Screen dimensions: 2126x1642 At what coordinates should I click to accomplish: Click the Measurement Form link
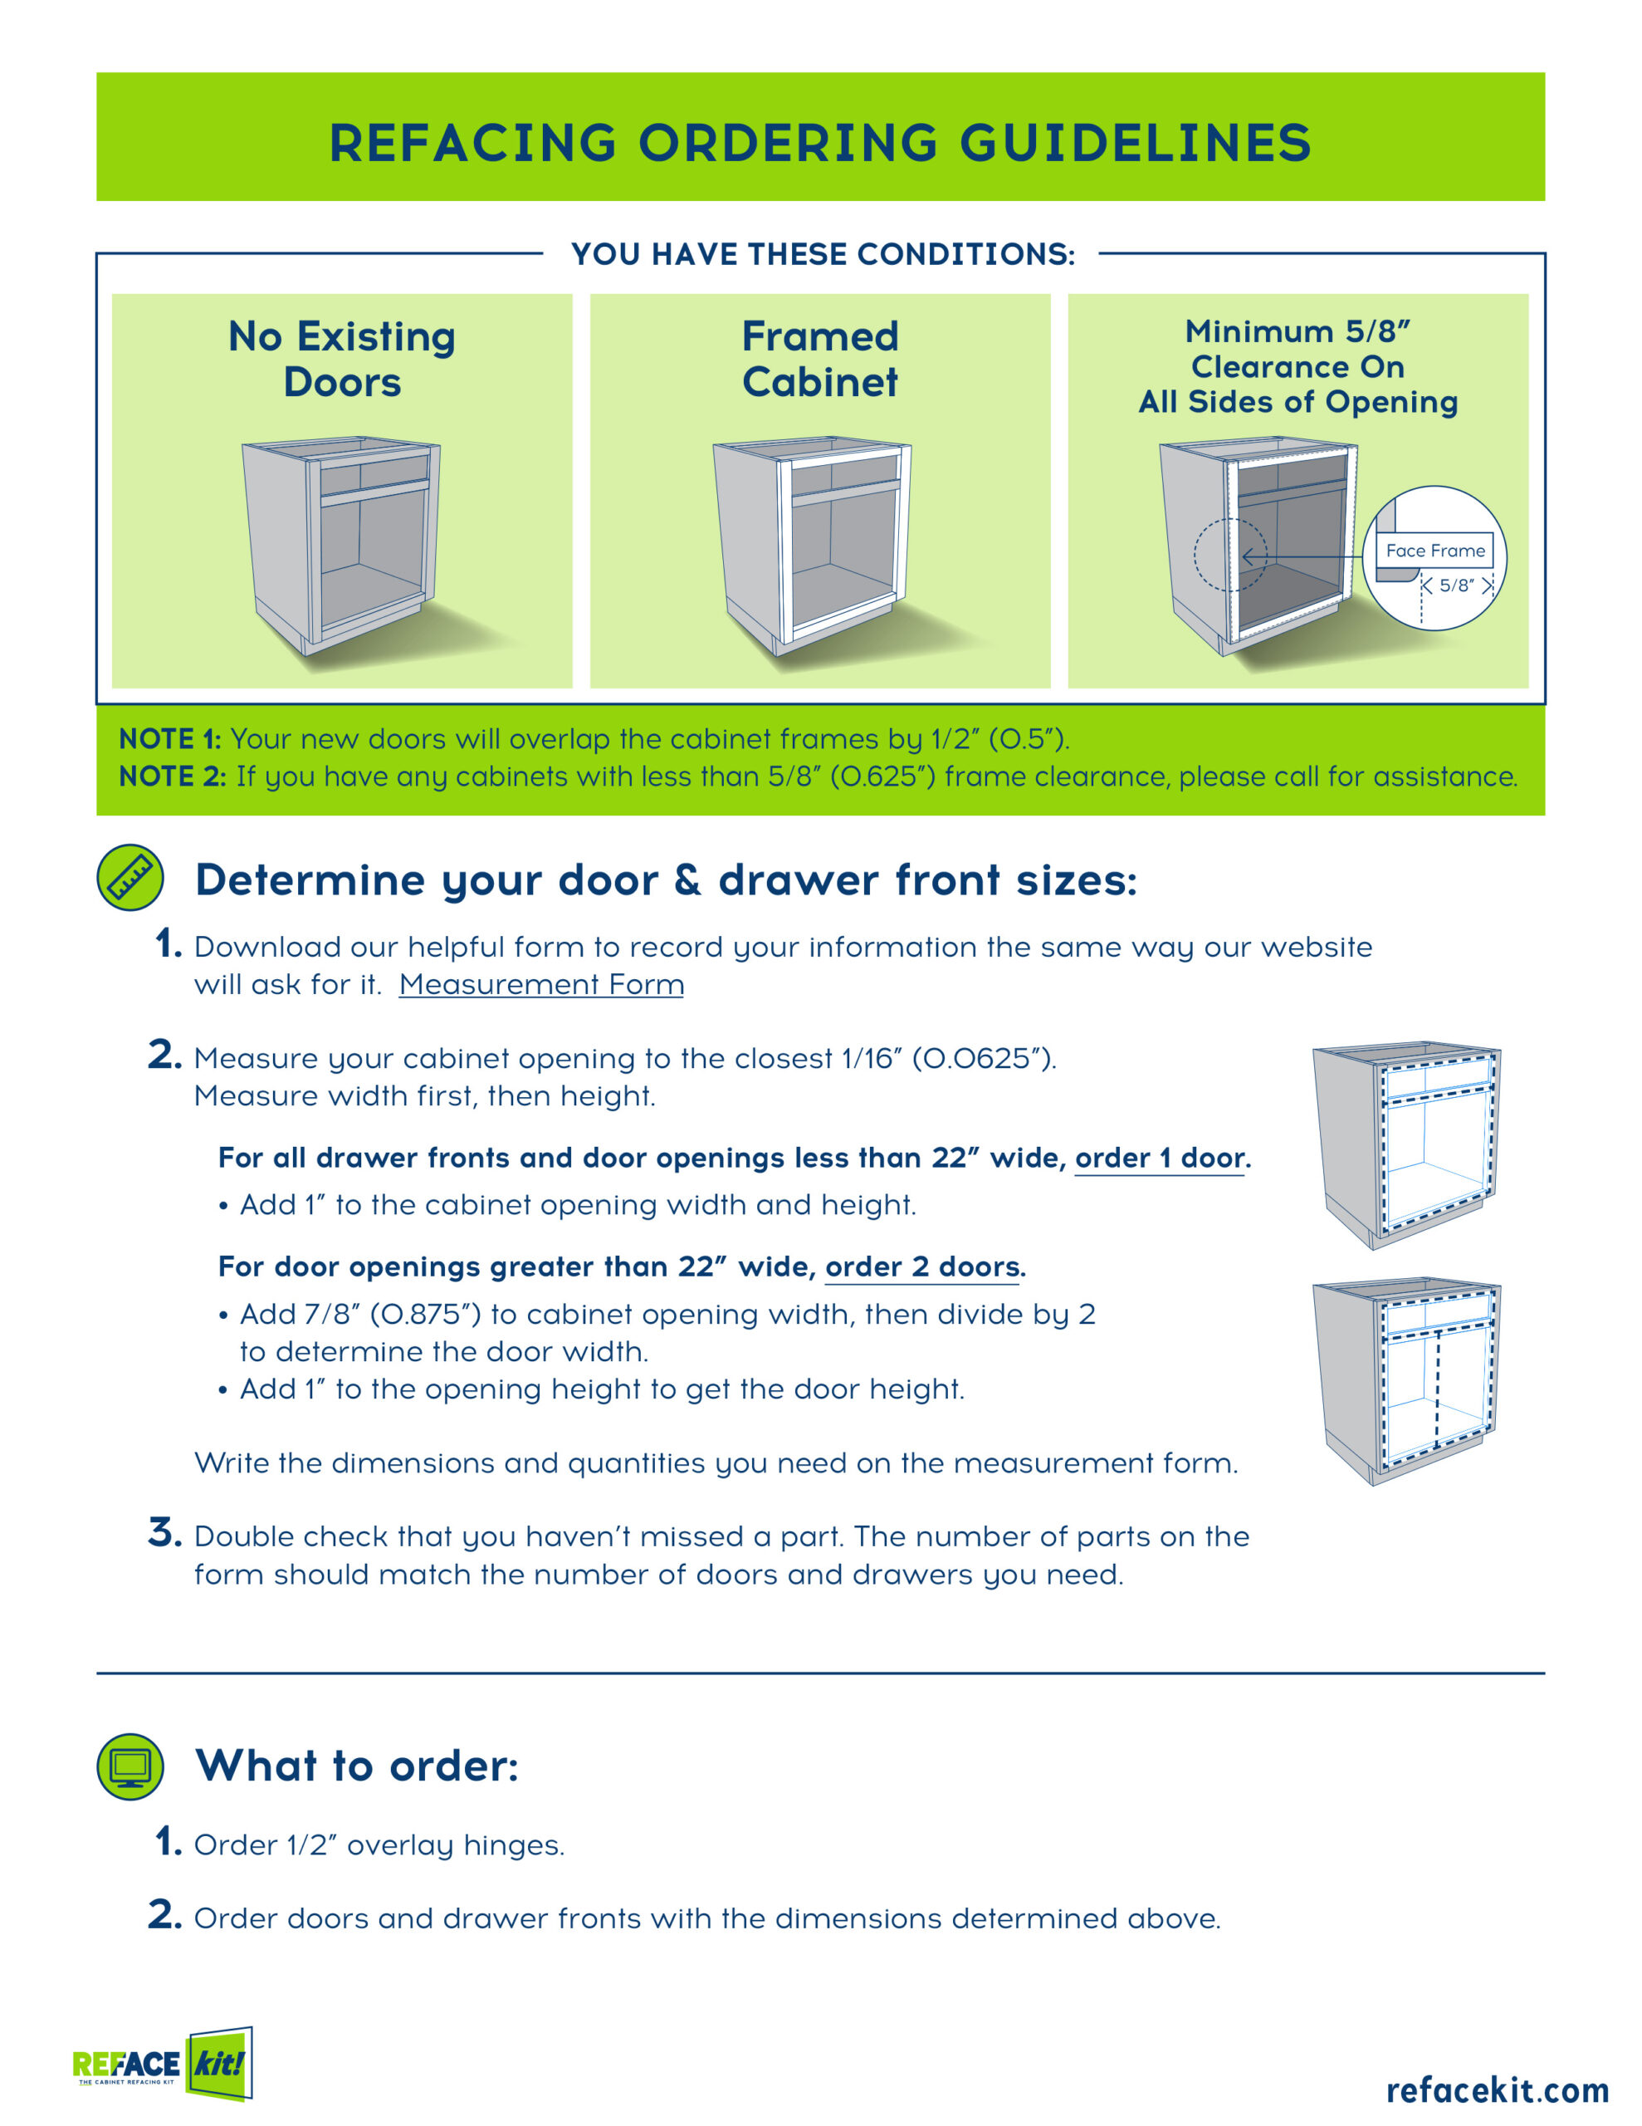pyautogui.click(x=541, y=985)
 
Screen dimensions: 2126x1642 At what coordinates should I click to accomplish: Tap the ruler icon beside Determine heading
pyautogui.click(x=130, y=877)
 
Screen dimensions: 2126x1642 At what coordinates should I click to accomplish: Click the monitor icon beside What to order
pyautogui.click(x=130, y=1766)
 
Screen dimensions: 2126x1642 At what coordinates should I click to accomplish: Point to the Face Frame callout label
pyautogui.click(x=1434, y=551)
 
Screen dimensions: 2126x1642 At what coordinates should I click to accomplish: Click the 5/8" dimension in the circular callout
pyautogui.click(x=1456, y=585)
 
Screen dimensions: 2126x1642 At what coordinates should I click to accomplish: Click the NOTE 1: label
pyautogui.click(x=169, y=739)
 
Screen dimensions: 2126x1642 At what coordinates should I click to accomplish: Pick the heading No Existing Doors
pyautogui.click(x=342, y=360)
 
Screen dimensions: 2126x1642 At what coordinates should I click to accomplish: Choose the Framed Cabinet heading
pyautogui.click(x=819, y=360)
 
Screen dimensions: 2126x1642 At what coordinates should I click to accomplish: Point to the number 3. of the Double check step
pyautogui.click(x=164, y=1533)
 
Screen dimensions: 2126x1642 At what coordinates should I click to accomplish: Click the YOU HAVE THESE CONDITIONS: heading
pyautogui.click(x=823, y=254)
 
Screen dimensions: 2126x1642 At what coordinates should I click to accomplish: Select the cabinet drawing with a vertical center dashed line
pyautogui.click(x=1406, y=1380)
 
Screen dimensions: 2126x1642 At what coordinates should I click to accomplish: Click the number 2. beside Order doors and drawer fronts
pyautogui.click(x=164, y=1915)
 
